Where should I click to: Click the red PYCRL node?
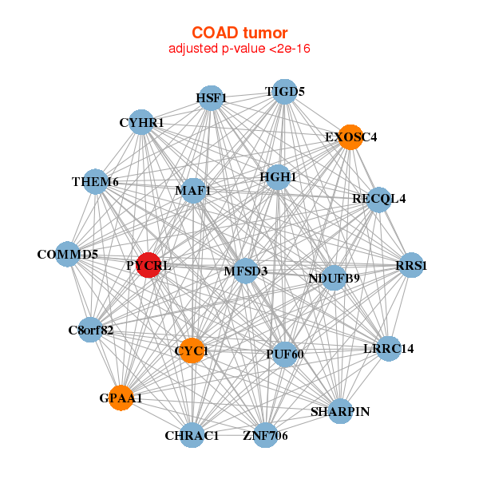tap(148, 265)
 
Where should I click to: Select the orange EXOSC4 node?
tap(350, 137)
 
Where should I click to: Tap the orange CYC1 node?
tap(192, 350)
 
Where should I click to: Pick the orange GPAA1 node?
tap(121, 398)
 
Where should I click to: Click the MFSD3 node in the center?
tap(245, 271)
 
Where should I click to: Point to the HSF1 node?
tap(210, 98)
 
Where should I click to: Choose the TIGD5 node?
tap(285, 92)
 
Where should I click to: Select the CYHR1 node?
tap(141, 123)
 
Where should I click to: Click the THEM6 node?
tap(95, 182)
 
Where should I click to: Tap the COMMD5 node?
tap(68, 255)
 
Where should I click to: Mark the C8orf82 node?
tap(90, 329)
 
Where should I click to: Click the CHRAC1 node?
tap(192, 435)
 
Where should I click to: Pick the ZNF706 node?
tap(265, 435)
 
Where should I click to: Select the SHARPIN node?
tap(340, 411)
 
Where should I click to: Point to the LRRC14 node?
tap(388, 348)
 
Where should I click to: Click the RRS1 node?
tap(410, 265)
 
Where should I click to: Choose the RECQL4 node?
tap(379, 199)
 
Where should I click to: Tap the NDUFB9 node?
tap(335, 278)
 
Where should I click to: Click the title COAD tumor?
tap(239, 33)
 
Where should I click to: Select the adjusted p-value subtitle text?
tap(239, 49)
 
